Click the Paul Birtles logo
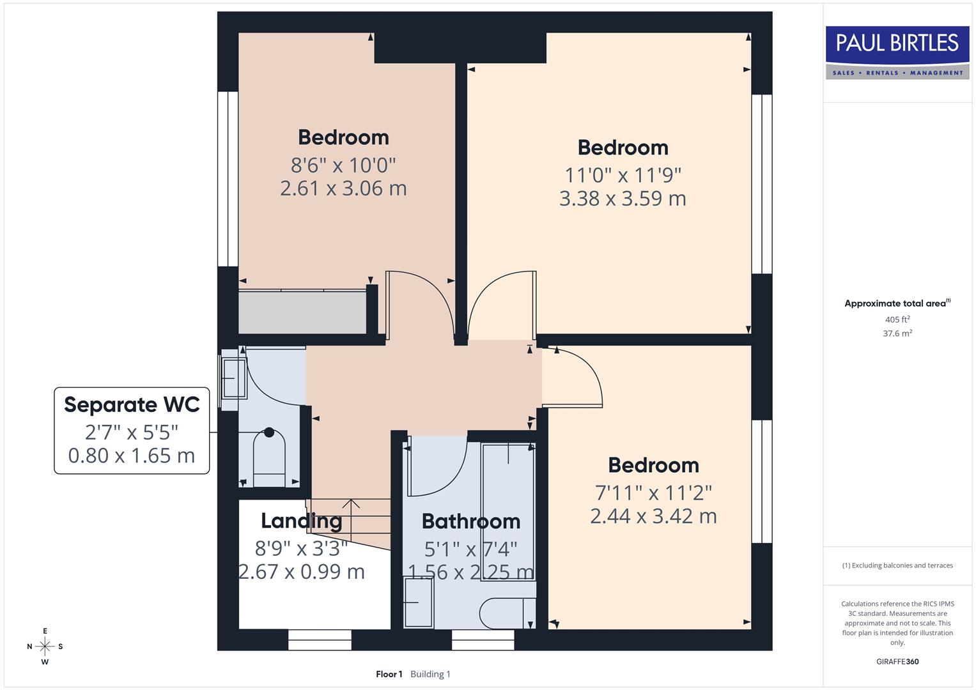coord(897,52)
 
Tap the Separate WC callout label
coord(132,430)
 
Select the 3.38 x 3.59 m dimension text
coord(622,199)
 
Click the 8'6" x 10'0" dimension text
coord(343,165)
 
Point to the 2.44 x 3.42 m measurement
coord(653,516)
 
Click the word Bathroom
coord(470,521)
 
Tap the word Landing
coord(301,521)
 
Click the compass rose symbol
coord(45,647)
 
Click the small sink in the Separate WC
coord(233,378)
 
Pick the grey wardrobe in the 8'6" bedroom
coord(302,312)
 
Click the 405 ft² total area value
coord(897,319)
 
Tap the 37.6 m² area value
coord(897,333)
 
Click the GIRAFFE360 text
coord(897,661)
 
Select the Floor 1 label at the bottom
coord(389,674)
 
